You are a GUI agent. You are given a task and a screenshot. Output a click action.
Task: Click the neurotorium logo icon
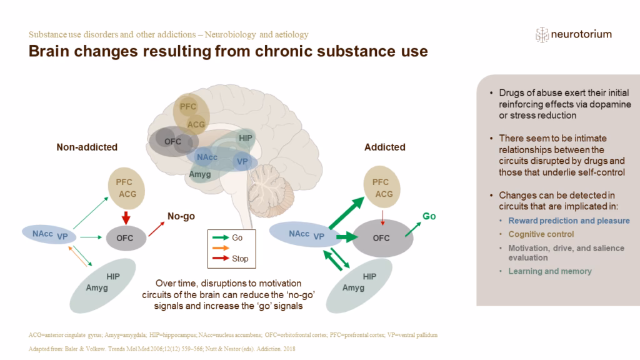pos(541,35)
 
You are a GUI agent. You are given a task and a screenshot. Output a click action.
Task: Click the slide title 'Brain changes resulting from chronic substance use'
pos(228,52)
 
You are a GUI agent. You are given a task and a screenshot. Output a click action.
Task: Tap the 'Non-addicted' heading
pos(87,147)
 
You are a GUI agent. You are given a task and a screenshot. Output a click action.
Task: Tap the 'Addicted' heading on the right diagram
pos(384,147)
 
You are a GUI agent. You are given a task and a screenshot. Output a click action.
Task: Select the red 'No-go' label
pos(181,217)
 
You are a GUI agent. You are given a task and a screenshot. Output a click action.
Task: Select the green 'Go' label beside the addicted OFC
pos(429,216)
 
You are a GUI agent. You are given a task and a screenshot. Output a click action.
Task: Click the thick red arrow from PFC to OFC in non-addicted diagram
pos(127,218)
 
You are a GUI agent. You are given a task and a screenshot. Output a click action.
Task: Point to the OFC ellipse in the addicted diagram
pos(381,239)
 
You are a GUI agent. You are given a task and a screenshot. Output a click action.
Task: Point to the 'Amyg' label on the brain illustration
pos(201,173)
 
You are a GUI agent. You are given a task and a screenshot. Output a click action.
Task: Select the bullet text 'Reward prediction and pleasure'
pos(569,221)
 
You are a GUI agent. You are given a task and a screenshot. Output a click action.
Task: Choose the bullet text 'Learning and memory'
pos(550,271)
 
